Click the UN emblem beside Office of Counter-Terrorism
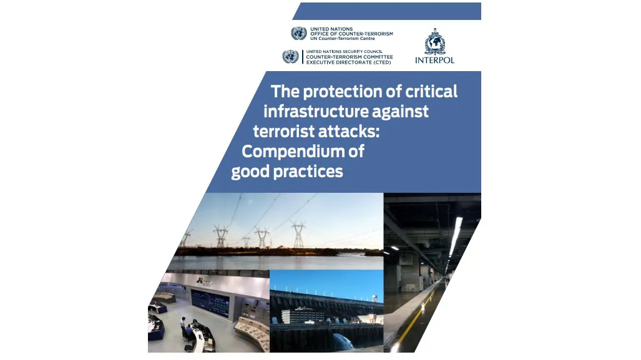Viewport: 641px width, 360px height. (299, 33)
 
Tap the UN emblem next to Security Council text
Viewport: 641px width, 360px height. (290, 56)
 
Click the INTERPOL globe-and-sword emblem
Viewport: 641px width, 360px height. (434, 42)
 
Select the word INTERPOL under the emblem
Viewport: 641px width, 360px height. (434, 61)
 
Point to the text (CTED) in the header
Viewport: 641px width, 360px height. (380, 62)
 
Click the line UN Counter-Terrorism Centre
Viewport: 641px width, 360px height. (342, 39)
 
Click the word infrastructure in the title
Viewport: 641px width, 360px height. (310, 111)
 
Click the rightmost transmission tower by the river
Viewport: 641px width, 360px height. (298, 234)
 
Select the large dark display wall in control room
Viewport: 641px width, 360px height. (210, 303)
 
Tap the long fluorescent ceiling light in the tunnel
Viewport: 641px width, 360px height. (455, 236)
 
